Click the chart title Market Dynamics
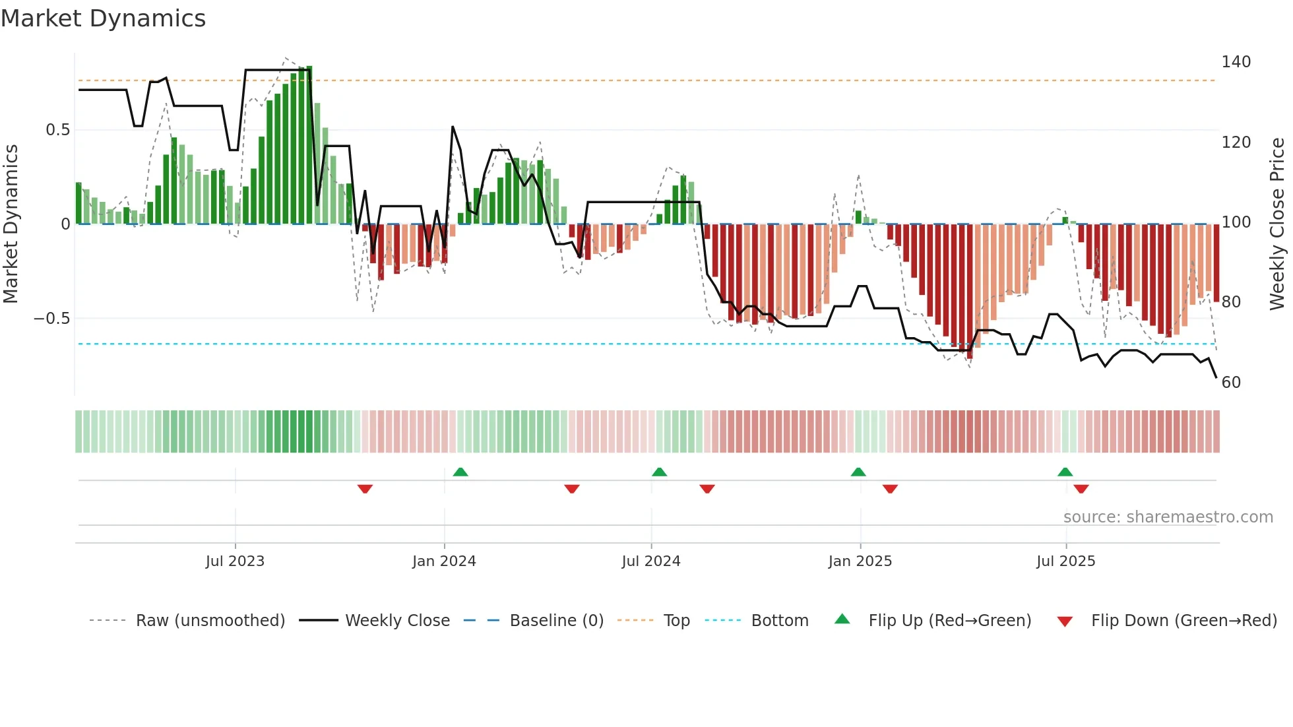(x=104, y=18)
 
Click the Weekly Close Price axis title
(x=1277, y=224)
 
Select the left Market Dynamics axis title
(x=11, y=224)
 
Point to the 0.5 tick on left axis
(x=58, y=130)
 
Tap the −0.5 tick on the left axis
(x=52, y=319)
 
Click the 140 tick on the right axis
(x=1236, y=62)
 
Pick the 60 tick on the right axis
(x=1231, y=383)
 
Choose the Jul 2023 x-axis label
(x=235, y=561)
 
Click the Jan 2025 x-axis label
(x=860, y=561)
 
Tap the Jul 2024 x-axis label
(x=650, y=561)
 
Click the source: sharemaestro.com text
(x=1168, y=517)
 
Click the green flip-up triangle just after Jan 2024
(x=460, y=472)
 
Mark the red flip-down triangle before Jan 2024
(x=365, y=489)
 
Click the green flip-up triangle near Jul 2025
(x=1065, y=472)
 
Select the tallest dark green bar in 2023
(x=309, y=145)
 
